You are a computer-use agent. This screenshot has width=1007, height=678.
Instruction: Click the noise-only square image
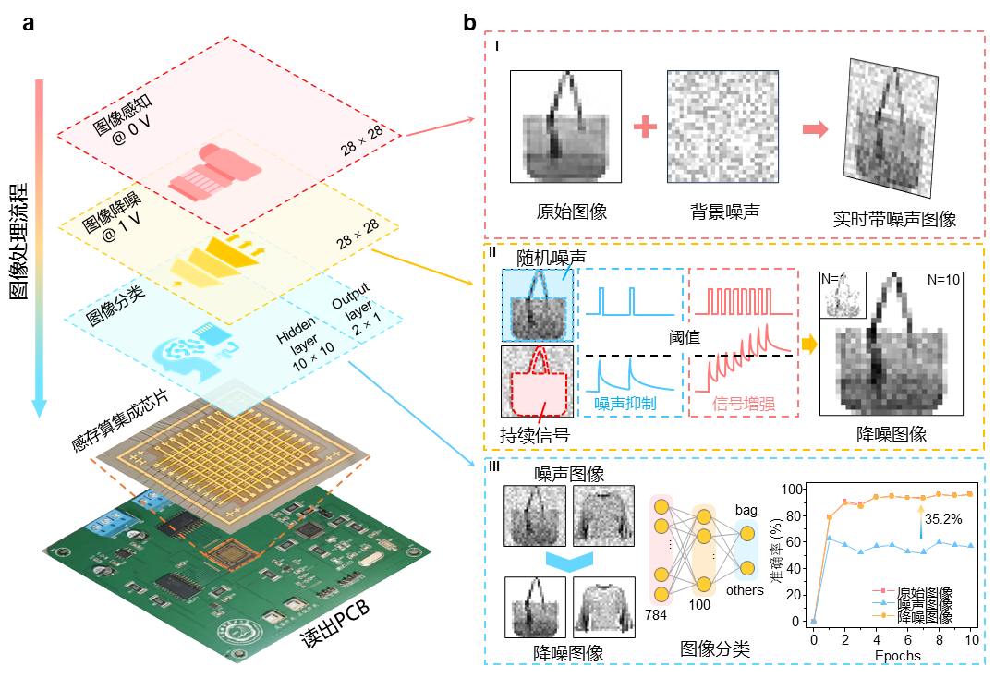[722, 127]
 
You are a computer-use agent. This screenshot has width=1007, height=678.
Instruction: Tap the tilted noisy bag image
[891, 127]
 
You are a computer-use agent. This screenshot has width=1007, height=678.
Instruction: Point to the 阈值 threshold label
[685, 337]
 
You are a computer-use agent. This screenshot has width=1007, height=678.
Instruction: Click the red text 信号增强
[742, 404]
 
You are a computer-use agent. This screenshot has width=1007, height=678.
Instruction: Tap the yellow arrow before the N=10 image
[809, 345]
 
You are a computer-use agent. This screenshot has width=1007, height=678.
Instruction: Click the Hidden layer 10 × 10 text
[297, 343]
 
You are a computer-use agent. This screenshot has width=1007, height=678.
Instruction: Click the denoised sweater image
[604, 607]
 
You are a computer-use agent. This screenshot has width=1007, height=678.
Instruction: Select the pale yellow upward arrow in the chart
[921, 519]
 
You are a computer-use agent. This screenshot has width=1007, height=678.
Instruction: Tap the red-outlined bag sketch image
[537, 381]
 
